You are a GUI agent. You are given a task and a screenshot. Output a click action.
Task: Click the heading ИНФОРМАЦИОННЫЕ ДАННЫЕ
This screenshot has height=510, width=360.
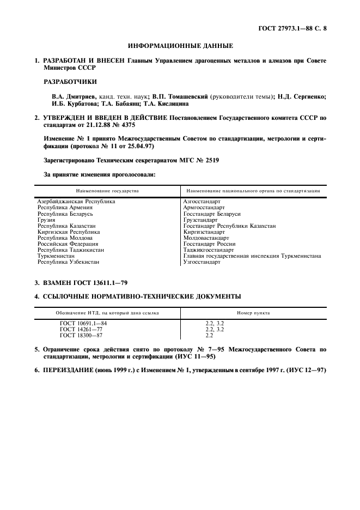click(180, 46)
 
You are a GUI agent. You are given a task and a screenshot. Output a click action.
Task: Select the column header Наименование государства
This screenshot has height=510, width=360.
click(107, 191)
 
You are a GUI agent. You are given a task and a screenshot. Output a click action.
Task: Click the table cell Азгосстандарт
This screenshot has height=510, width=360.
click(202, 202)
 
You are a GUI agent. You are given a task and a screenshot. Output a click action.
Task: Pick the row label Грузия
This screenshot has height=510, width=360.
click(46, 220)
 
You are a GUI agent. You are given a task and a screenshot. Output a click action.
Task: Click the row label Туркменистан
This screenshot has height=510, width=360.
click(56, 256)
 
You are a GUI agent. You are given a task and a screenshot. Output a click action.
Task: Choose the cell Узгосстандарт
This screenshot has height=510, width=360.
click(202, 262)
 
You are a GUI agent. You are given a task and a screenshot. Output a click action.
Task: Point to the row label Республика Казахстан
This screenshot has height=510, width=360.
click(66, 226)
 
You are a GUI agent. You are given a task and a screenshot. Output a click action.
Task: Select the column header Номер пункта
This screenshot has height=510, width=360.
click(253, 313)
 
